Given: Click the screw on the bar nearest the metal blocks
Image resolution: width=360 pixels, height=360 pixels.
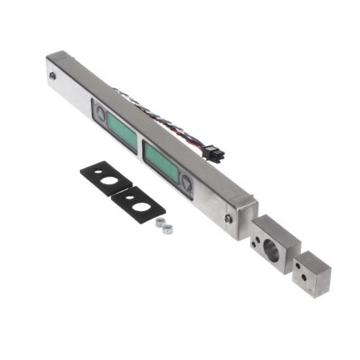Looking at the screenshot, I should pos(228,218).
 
